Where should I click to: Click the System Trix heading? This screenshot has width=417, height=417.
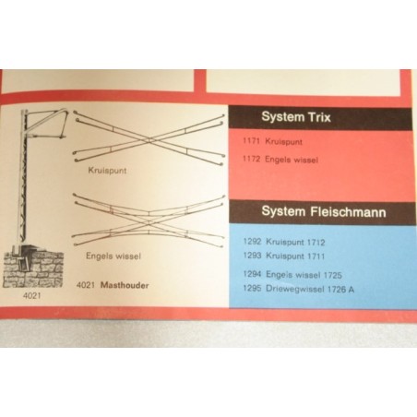[x=296, y=117]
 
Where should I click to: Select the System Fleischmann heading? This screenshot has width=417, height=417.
[x=324, y=211]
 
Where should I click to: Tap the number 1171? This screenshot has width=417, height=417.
[x=252, y=141]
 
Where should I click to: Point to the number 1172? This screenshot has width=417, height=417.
[x=252, y=159]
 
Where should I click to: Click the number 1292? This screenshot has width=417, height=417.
[x=252, y=241]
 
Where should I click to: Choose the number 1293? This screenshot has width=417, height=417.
[x=252, y=256]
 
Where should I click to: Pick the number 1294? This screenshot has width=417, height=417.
[x=252, y=274]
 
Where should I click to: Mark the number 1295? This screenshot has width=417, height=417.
[x=252, y=288]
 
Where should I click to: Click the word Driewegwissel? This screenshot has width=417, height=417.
[x=295, y=289]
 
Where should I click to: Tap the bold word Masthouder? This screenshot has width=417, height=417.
[x=125, y=285]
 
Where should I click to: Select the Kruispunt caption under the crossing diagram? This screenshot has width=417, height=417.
[x=107, y=171]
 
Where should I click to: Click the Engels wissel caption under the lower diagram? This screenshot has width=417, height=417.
[x=113, y=256]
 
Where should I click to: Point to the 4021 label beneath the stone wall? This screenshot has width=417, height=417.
[x=32, y=296]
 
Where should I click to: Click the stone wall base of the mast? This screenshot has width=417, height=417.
[x=33, y=268]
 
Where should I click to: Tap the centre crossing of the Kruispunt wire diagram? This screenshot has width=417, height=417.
[x=149, y=140]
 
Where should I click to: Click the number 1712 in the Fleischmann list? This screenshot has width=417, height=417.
[x=316, y=243]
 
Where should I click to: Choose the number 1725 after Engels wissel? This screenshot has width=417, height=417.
[x=333, y=275]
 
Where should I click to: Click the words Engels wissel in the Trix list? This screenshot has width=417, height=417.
[x=292, y=160]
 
